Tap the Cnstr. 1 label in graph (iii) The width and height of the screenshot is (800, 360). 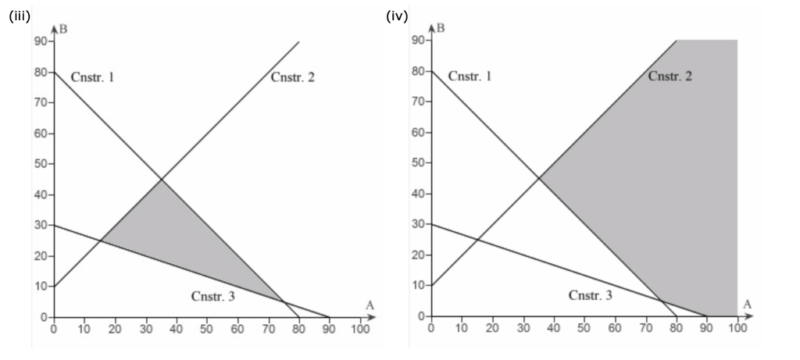pos(92,77)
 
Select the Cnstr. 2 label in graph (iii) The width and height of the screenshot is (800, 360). pos(293,77)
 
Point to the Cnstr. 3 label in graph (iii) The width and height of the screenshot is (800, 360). pos(212,296)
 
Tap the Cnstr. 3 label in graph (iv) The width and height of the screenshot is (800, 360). pos(590,295)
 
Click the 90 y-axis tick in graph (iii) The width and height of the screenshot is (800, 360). pos(38,41)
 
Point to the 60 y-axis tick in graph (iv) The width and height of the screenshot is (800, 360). pos(417,133)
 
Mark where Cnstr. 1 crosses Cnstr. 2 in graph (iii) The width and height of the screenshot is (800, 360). pos(161,180)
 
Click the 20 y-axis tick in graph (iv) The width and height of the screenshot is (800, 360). pos(417,255)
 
